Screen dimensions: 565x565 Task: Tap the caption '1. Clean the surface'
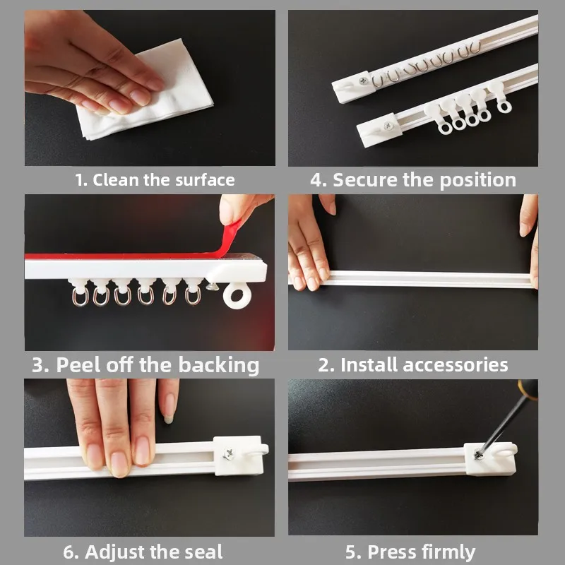click(x=155, y=179)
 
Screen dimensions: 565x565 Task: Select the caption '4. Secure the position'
click(x=413, y=179)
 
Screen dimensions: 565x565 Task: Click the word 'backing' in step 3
click(x=218, y=364)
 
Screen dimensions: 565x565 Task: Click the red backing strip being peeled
click(x=127, y=255)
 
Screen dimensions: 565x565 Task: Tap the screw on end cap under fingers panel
click(x=229, y=454)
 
